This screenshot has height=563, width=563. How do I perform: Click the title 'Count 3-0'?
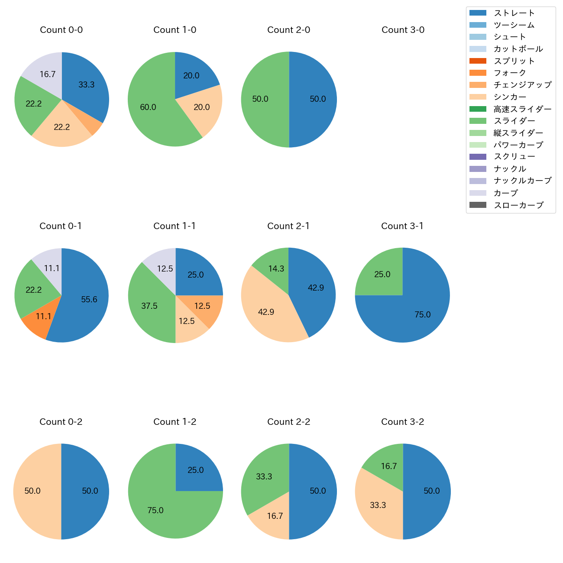tap(403, 30)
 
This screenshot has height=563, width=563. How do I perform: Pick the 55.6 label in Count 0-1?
tap(89, 299)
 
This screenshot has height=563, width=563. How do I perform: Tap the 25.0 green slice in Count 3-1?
tap(381, 274)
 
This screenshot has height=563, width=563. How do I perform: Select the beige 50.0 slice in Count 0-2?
tap(35, 491)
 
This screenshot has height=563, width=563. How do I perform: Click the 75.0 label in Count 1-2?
tap(155, 510)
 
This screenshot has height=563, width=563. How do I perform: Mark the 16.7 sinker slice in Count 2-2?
tap(272, 520)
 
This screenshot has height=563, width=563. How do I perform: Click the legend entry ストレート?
tap(514, 13)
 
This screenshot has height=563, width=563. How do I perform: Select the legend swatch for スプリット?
tap(478, 61)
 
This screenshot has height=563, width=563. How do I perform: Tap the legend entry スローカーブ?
tap(518, 205)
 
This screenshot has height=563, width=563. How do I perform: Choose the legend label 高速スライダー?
tap(522, 109)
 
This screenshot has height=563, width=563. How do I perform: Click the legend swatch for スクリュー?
tap(478, 157)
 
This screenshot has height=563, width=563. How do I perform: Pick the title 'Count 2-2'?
tap(289, 422)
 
